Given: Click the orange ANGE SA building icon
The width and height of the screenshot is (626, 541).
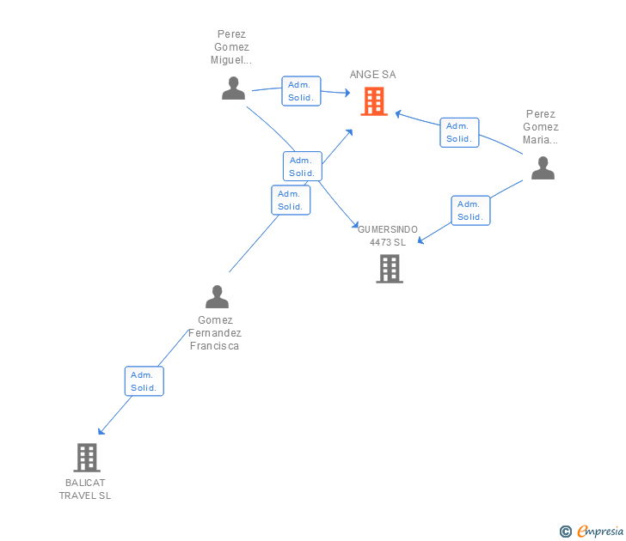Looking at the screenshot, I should pos(374,101).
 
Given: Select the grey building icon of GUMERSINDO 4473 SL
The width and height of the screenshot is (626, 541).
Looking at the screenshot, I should pos(390,269).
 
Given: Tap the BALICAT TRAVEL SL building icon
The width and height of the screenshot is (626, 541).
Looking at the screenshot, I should pos(87,458).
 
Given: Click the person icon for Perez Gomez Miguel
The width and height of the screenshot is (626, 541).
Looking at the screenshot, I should pos(233,88).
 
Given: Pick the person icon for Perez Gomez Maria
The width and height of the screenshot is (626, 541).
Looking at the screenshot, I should pos(543,167).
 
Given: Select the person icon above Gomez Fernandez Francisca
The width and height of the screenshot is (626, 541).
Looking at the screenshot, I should pos(217,297).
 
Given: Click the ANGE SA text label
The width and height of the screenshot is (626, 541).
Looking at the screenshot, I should pos(372,75).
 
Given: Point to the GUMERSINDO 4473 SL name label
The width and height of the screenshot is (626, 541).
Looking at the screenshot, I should pos(388,236).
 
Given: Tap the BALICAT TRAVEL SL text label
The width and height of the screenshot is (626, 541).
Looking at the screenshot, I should pos(85,489).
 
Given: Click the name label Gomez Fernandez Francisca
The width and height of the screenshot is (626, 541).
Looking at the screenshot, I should pos(215,333).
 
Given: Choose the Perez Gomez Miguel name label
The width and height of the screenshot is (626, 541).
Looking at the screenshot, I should pos(231,47).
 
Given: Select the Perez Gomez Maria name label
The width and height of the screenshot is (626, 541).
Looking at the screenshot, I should pos(541,126).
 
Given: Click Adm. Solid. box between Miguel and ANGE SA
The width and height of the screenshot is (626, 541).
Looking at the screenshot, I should pos(301,91).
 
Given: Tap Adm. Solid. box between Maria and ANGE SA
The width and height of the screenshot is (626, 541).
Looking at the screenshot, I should pos(459,132).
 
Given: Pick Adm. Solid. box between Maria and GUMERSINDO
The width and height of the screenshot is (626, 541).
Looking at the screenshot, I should pos(470,210).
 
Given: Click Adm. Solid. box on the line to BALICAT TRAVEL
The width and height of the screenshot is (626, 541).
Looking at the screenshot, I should pos(144,381).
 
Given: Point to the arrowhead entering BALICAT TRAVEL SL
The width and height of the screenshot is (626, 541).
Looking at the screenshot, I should pos(101,432).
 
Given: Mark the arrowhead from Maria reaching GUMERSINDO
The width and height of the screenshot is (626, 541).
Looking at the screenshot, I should pos(420,242).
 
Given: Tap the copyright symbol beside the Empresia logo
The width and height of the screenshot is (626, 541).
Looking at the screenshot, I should pos(565,532).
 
